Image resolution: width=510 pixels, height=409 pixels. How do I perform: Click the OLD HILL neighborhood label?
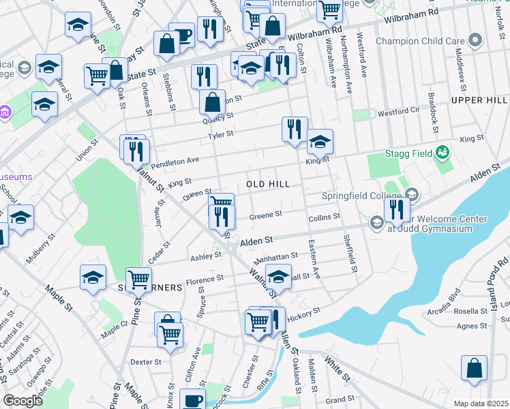pyautogui.click(x=268, y=185)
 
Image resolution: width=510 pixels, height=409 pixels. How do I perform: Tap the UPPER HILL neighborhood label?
pyautogui.click(x=479, y=100)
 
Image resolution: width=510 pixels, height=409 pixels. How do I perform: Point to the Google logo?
pyautogui.click(x=22, y=401)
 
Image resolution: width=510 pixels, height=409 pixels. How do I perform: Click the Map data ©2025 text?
pyautogui.click(x=481, y=404)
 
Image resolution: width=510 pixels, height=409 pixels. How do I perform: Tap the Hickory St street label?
pyautogui.click(x=303, y=314)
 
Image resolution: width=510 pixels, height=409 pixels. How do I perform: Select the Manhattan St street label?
pyautogui.click(x=275, y=258)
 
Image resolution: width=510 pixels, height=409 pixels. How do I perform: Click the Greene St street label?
pyautogui.click(x=266, y=215)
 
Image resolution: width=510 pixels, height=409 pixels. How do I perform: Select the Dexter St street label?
pyautogui.click(x=145, y=362)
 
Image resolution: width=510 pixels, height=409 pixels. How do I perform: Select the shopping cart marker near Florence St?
pyautogui.click(x=139, y=277)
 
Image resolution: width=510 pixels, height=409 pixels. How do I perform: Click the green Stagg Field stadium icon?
pyautogui.click(x=442, y=151)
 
